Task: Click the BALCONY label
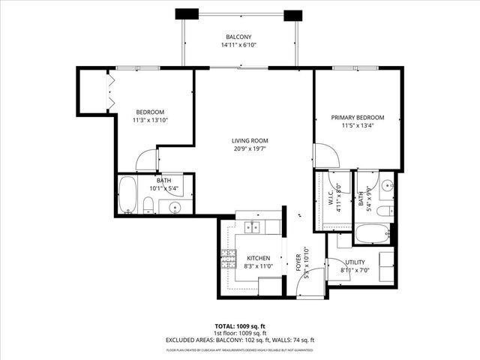[x=239, y=37]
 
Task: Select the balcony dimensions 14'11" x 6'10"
[x=239, y=46]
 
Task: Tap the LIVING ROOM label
[x=250, y=140]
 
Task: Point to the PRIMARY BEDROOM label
[x=358, y=118]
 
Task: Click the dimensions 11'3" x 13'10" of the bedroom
[x=151, y=121]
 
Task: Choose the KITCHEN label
[x=257, y=258]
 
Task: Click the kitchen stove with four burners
[x=228, y=259]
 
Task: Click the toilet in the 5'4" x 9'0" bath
[x=383, y=211]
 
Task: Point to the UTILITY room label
[x=355, y=262]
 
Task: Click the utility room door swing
[x=337, y=270]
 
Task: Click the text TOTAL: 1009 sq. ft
[x=239, y=328]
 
